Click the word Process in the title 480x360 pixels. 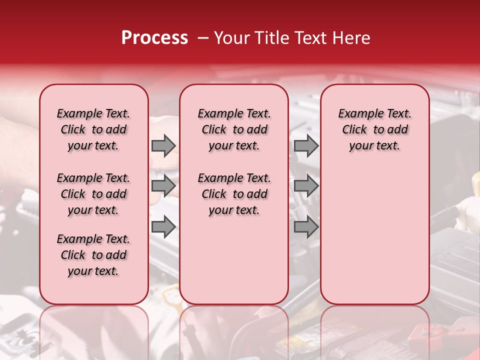pos(154,38)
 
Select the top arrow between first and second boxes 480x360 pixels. pos(163,145)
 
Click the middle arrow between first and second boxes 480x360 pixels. pos(163,186)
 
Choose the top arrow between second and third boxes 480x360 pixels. pos(306,145)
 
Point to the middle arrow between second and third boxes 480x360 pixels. pos(306,186)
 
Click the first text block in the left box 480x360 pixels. pos(93,129)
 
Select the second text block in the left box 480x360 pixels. pos(93,194)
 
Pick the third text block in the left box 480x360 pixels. pos(93,255)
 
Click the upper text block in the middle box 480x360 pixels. pos(234,129)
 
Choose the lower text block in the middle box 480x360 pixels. pos(234,194)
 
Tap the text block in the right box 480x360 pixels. pos(375,129)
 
